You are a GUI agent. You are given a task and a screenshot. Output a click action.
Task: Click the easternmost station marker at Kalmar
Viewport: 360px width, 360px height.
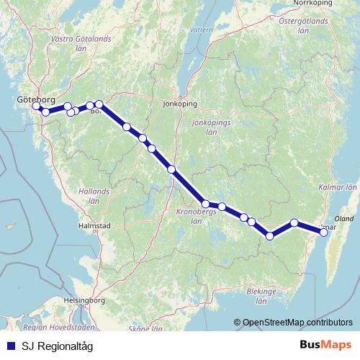[324, 231]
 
